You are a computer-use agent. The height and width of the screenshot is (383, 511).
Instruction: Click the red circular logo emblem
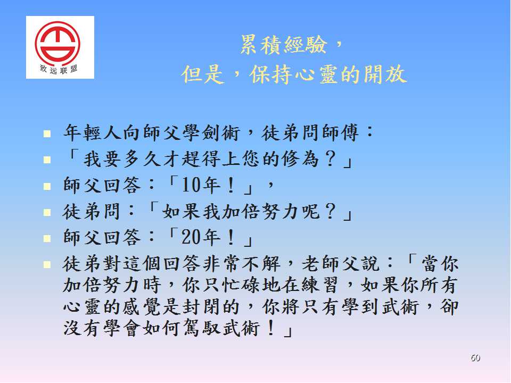57,41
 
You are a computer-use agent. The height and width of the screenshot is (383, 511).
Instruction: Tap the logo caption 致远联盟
59,69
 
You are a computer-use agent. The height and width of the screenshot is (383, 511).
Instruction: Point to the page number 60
475,357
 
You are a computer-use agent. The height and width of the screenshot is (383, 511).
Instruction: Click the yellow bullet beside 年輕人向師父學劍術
47,133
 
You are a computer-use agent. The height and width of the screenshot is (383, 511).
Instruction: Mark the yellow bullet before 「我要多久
47,160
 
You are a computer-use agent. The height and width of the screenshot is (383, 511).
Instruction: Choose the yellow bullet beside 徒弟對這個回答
47,264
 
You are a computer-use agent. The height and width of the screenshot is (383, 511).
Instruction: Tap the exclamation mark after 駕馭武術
271,328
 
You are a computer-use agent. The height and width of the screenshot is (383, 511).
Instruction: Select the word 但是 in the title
203,74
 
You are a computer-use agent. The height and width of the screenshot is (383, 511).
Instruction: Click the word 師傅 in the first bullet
341,133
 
